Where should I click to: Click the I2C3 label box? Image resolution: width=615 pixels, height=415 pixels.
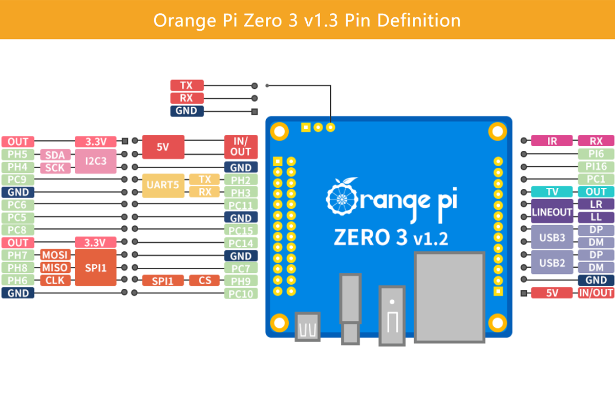point(96,161)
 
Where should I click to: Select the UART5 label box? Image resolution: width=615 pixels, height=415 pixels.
point(163,186)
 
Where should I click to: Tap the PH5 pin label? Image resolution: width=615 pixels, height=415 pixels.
point(18,154)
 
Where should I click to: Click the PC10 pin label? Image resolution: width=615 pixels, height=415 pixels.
point(241,294)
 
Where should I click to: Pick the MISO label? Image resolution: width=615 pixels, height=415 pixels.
point(54,268)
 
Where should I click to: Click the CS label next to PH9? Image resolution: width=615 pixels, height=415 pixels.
point(204,281)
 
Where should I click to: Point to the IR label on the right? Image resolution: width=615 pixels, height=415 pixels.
point(552,141)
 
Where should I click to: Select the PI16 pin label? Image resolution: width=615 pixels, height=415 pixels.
point(596,167)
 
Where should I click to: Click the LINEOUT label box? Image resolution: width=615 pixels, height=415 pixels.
point(552,211)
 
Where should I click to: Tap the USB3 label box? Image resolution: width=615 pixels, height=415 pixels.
point(552,237)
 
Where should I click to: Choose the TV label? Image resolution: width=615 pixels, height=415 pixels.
point(552,192)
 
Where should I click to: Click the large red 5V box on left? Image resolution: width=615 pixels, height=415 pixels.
point(163,147)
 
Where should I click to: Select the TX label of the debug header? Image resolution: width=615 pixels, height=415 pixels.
point(186,85)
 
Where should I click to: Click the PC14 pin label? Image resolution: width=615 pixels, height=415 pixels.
point(241,243)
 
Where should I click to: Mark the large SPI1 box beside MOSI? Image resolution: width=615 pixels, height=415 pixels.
point(96,268)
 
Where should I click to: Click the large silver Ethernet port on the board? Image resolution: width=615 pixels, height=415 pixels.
point(450,297)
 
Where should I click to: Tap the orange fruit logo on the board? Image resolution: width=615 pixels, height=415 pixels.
point(340,197)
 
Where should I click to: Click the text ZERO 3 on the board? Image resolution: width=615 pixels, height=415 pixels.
point(371,238)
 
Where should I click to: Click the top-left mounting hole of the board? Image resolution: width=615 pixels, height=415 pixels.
point(280,132)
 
